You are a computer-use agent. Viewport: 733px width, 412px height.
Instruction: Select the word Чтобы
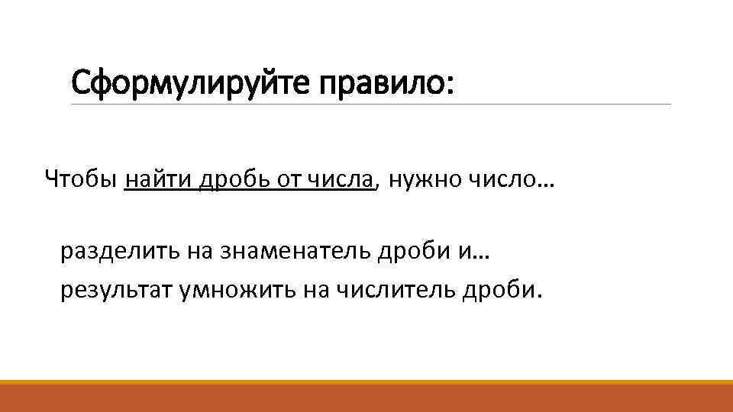(81, 180)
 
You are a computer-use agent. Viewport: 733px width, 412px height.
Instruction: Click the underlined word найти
(158, 180)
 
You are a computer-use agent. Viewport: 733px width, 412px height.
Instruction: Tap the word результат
(115, 290)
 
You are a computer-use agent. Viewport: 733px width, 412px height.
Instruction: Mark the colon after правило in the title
(449, 83)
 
